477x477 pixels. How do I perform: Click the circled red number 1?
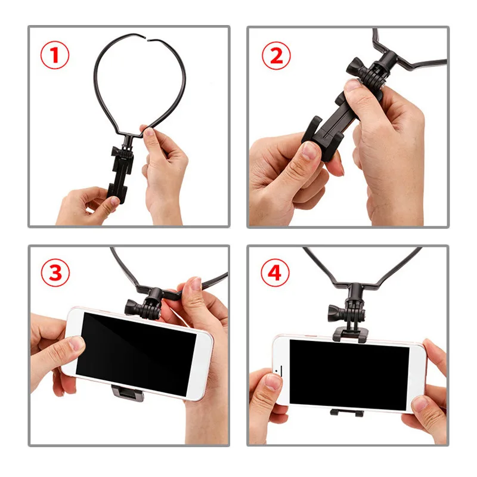(55, 56)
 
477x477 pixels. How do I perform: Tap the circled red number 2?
(275, 56)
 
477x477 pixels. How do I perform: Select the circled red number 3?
(55, 273)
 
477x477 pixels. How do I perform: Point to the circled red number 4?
(274, 273)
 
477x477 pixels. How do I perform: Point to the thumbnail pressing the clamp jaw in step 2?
(309, 150)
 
